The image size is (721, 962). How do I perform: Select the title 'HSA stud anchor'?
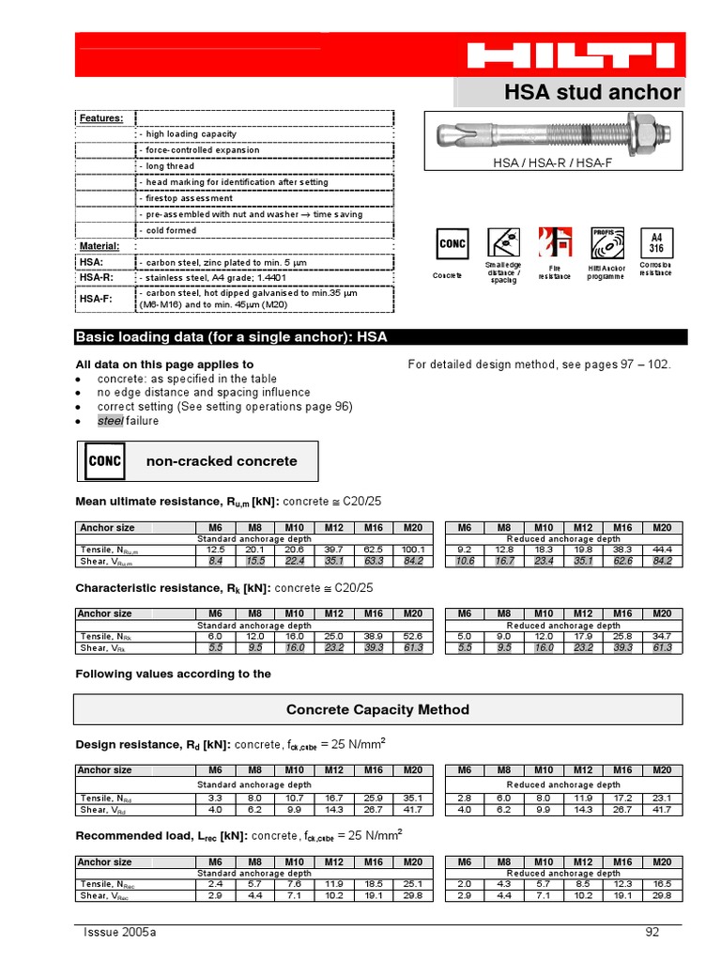[592, 92]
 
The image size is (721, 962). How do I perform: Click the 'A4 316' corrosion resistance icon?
[655, 243]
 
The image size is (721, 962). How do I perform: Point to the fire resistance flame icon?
[554, 242]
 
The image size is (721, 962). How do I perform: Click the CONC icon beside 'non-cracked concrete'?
[104, 461]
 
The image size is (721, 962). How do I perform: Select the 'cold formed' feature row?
[169, 230]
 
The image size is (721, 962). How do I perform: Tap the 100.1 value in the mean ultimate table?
[412, 550]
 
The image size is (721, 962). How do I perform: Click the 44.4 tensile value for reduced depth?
[662, 550]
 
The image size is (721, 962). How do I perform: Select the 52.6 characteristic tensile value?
[412, 636]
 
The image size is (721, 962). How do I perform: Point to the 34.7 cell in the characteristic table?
[662, 636]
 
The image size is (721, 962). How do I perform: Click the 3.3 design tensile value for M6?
[215, 798]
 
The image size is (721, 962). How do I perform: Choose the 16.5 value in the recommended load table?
[662, 884]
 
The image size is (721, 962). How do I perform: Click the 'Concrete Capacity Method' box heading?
[377, 709]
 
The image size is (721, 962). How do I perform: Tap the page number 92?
[653, 932]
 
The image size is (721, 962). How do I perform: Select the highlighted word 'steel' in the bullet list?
[110, 421]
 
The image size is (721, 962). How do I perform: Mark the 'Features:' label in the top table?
[101, 118]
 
